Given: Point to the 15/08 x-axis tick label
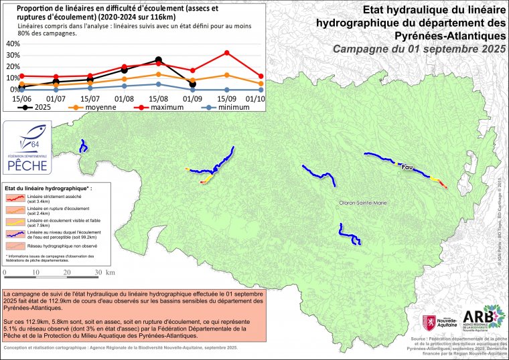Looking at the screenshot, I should point(159,98).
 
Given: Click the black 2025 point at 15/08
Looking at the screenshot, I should point(158,60).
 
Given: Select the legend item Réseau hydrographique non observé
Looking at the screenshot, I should point(59,246).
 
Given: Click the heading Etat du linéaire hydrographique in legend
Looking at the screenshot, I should point(46,189).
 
